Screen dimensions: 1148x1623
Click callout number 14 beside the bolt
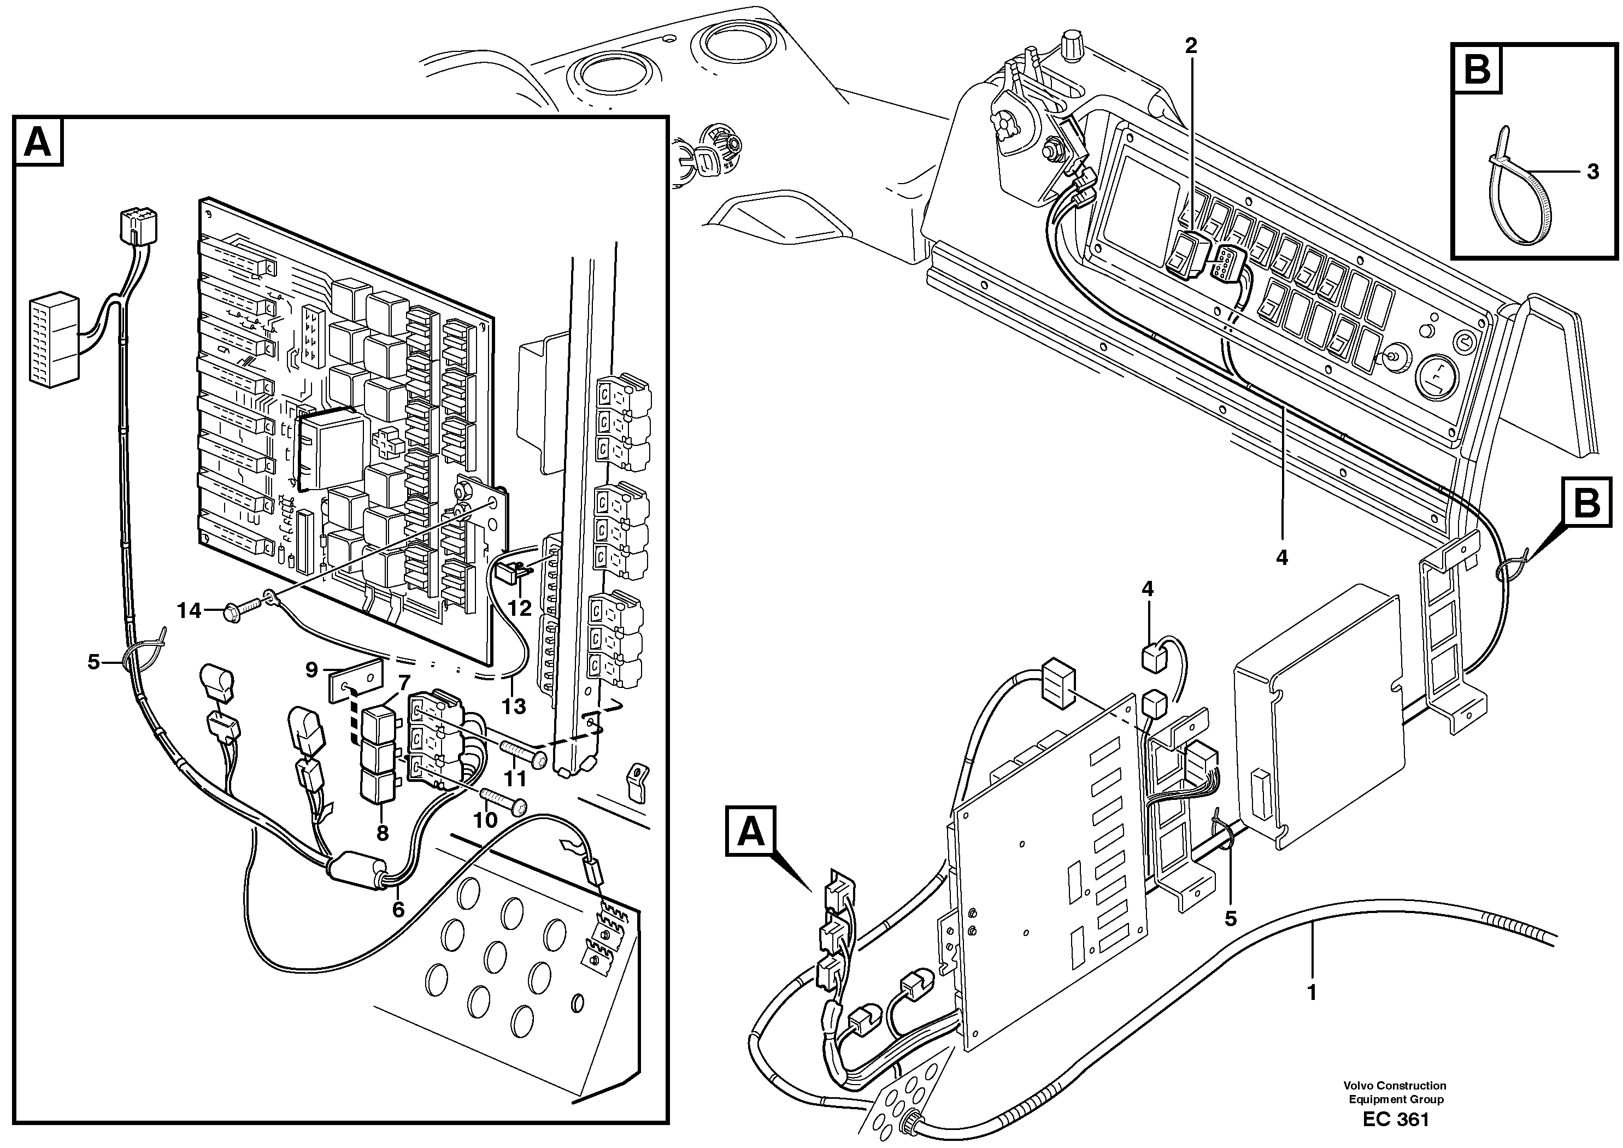(x=189, y=610)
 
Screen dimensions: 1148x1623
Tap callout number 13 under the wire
(x=514, y=705)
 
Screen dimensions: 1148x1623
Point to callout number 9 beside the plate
(x=311, y=669)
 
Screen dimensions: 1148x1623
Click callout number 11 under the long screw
(x=515, y=778)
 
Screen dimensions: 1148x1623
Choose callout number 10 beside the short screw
(x=485, y=820)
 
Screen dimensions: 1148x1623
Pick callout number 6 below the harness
(x=398, y=910)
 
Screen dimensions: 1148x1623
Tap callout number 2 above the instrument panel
(x=1191, y=46)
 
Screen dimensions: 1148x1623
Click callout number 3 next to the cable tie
(x=1592, y=172)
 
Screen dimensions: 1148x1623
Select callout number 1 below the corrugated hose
(x=1312, y=992)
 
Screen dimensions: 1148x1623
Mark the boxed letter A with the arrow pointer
(x=751, y=831)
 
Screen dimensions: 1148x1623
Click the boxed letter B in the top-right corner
(x=1477, y=68)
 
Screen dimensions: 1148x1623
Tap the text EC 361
(x=1396, y=1119)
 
